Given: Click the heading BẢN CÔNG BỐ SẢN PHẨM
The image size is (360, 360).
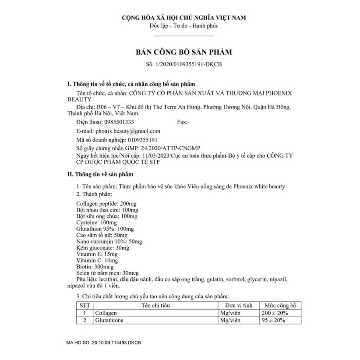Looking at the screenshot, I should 184,52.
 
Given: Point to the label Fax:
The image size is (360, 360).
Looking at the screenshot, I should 182,122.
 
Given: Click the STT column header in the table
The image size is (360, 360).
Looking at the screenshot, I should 83,305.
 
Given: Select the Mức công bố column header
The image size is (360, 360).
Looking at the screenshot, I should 278,305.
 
